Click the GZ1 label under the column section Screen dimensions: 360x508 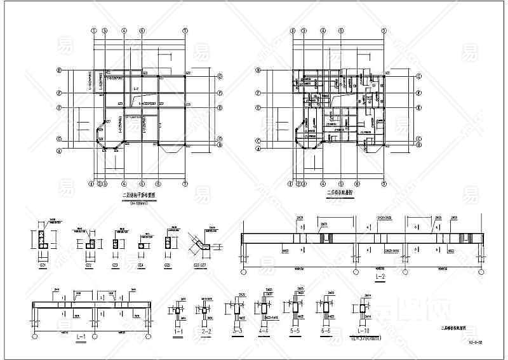click(x=43, y=264)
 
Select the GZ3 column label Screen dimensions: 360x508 click(x=115, y=264)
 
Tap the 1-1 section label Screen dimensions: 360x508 click(x=178, y=331)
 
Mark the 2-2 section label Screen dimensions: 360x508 click(x=206, y=331)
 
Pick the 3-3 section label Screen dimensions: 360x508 click(x=237, y=331)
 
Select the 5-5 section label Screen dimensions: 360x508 click(x=296, y=331)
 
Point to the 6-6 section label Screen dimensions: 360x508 click(x=326, y=331)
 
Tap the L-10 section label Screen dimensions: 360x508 click(x=364, y=331)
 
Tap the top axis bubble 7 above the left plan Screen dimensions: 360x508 click(x=185, y=30)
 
